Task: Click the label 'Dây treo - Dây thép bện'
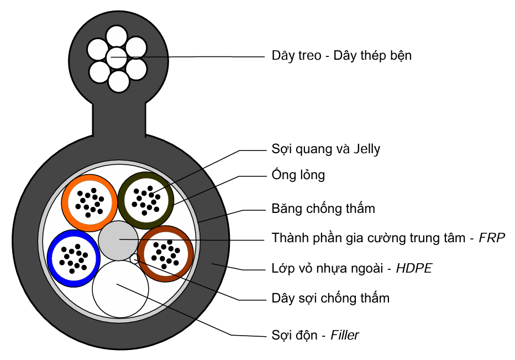click(x=341, y=56)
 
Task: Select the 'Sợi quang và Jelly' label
click(x=325, y=149)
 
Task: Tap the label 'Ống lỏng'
click(x=298, y=175)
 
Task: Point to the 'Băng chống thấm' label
click(x=323, y=208)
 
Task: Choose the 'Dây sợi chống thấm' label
click(x=330, y=299)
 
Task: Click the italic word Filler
click(x=345, y=335)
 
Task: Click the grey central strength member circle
click(x=118, y=241)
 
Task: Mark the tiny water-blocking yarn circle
click(x=134, y=258)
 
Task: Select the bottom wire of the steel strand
click(x=118, y=81)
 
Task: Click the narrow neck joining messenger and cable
click(x=119, y=122)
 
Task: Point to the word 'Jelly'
click(x=365, y=149)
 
